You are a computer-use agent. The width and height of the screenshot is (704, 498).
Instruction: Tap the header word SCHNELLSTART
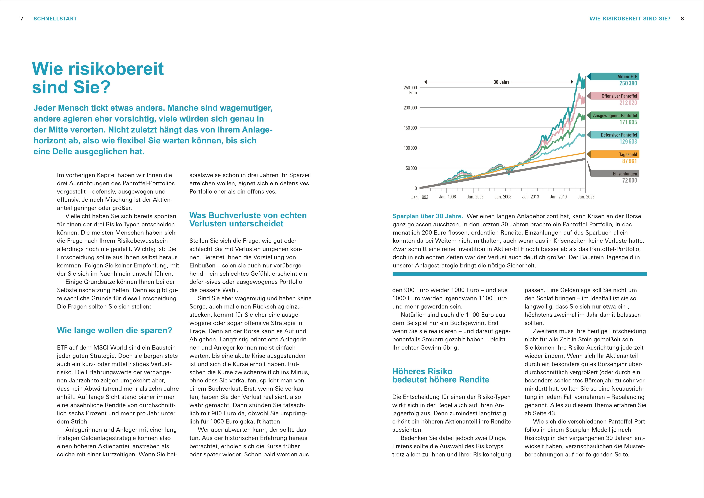click(x=55, y=19)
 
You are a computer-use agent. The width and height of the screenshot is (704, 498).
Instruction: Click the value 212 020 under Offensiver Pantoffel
click(x=628, y=103)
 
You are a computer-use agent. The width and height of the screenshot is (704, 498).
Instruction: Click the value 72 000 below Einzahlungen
click(x=629, y=181)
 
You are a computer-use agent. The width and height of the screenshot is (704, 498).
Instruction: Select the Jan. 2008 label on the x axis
click(x=503, y=197)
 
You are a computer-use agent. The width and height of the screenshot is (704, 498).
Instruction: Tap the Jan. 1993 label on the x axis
click(x=419, y=197)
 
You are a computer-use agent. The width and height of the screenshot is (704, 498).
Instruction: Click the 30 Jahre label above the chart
click(x=501, y=82)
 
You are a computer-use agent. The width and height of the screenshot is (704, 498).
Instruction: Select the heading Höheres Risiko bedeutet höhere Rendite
click(x=441, y=376)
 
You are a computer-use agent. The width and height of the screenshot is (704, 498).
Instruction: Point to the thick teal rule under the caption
click(x=520, y=274)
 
